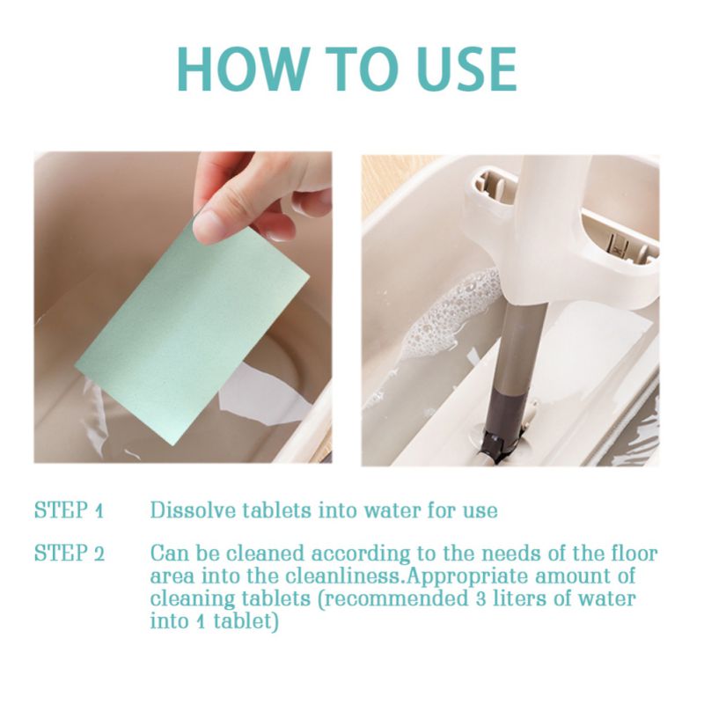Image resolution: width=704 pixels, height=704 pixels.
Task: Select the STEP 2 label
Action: pos(70,554)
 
